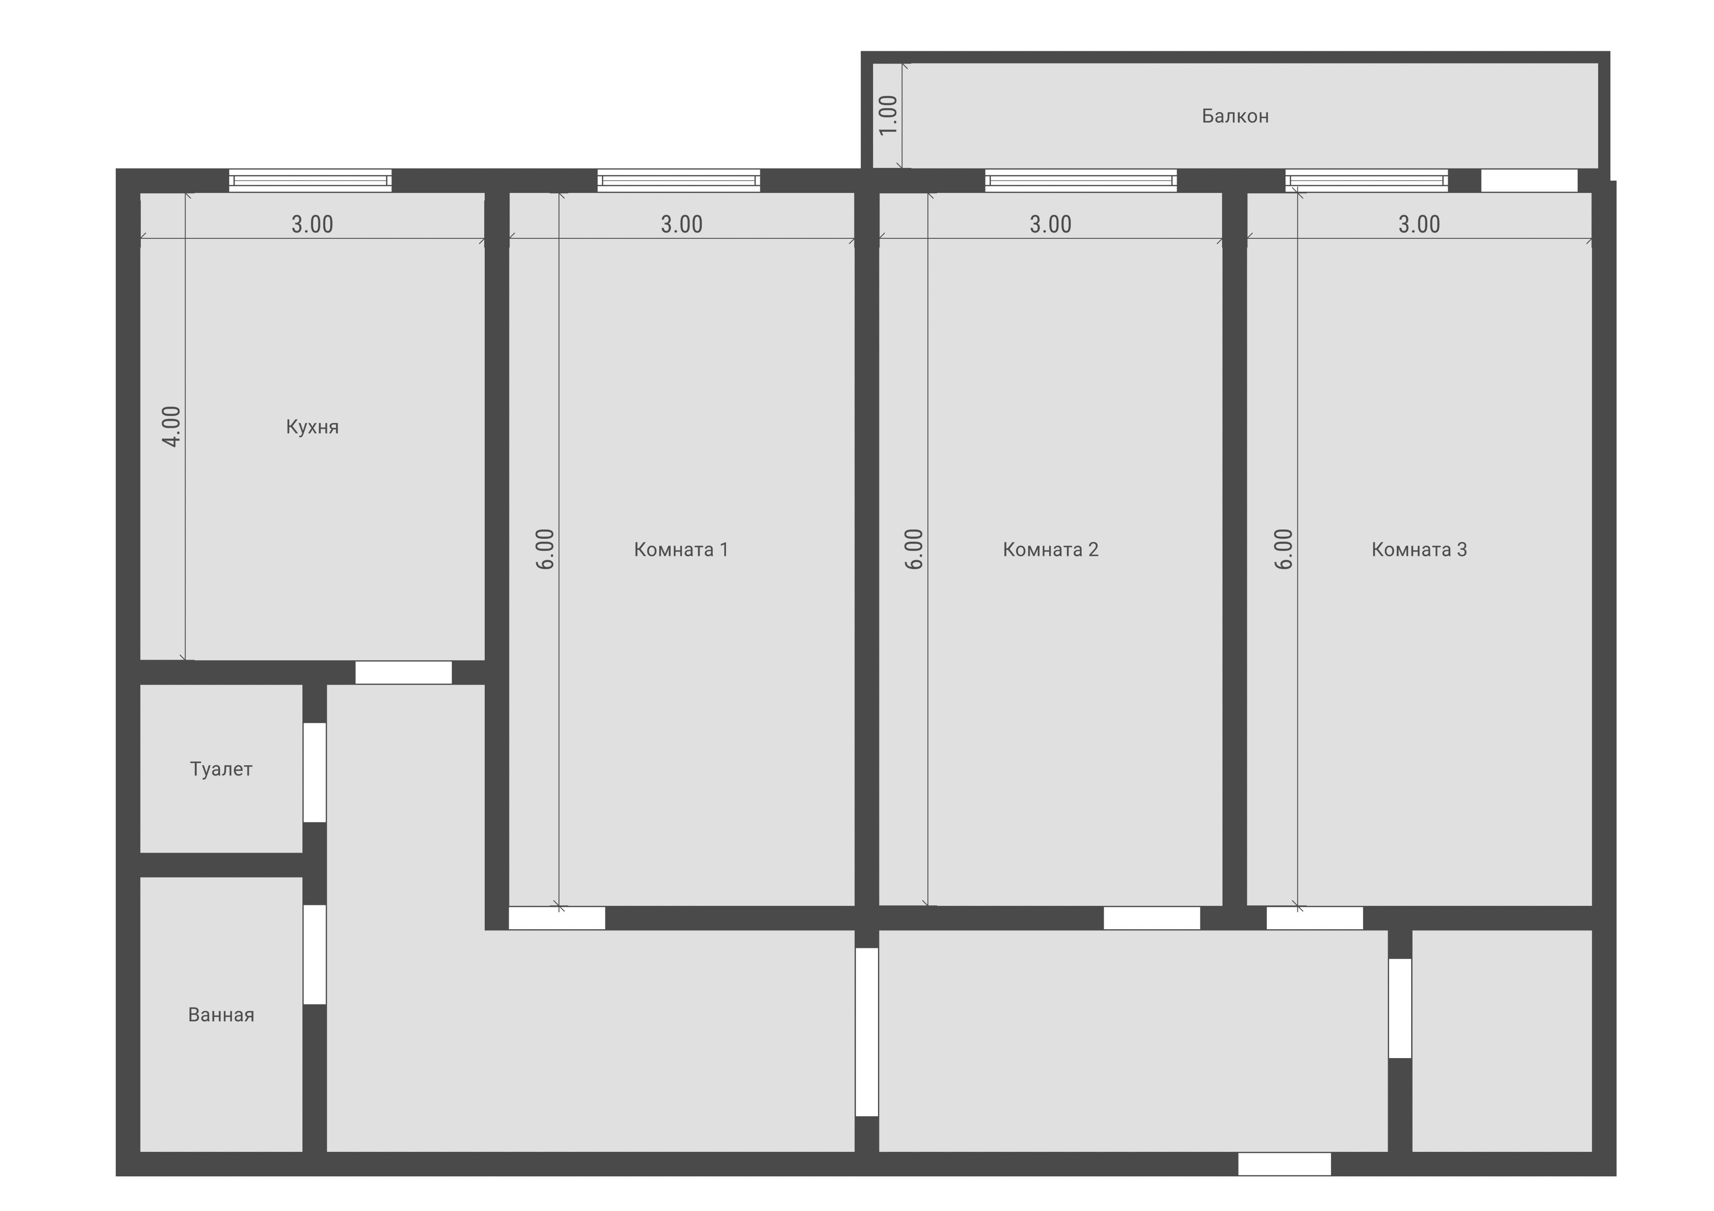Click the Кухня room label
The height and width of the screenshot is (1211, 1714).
point(312,427)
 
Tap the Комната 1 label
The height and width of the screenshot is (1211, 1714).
point(681,550)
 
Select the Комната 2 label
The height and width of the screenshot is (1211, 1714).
point(1050,550)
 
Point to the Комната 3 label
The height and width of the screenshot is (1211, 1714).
point(1419,550)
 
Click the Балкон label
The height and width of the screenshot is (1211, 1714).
point(1235,116)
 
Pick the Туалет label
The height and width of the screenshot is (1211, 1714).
point(221,769)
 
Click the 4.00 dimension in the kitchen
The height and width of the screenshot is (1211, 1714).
point(171,427)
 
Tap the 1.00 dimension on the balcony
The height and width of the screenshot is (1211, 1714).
point(888,116)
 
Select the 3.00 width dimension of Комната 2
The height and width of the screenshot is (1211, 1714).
point(1050,224)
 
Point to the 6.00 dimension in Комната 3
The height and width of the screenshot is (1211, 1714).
point(1283,549)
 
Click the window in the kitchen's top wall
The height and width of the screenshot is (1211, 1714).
point(311,181)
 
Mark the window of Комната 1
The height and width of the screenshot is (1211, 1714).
point(679,181)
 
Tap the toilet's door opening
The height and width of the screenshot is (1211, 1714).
point(314,773)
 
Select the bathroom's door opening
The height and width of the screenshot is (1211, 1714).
point(314,954)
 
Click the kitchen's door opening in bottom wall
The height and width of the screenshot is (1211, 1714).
point(403,672)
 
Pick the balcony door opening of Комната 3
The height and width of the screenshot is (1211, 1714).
point(1529,181)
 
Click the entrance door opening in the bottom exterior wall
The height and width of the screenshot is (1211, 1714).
point(1284,1164)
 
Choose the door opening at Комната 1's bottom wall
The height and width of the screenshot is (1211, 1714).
point(557,918)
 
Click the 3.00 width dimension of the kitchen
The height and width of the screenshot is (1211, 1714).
point(312,224)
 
